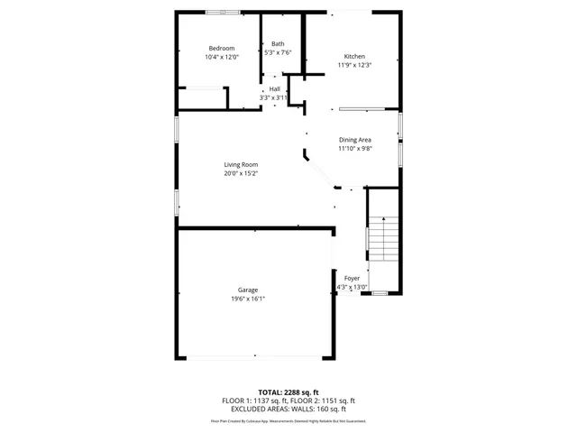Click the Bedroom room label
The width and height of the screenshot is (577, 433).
[222, 48]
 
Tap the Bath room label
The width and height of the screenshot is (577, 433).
[278, 43]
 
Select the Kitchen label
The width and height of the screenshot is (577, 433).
[354, 56]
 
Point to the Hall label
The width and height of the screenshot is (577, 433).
[274, 88]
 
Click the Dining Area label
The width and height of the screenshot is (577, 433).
[354, 140]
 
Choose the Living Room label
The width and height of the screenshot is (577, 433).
[242, 164]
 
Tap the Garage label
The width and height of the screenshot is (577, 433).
[248, 290]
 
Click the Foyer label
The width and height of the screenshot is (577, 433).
[352, 278]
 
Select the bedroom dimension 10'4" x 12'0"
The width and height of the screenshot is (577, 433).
[222, 57]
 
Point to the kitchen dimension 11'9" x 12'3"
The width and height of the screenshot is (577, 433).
[354, 65]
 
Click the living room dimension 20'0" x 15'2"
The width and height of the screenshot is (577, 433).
[242, 173]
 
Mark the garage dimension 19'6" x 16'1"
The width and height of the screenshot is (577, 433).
[248, 299]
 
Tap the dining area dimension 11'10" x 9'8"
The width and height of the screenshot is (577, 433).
[354, 149]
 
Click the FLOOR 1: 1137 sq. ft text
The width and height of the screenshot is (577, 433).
[254, 401]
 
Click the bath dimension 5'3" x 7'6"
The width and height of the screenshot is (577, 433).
[278, 52]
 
